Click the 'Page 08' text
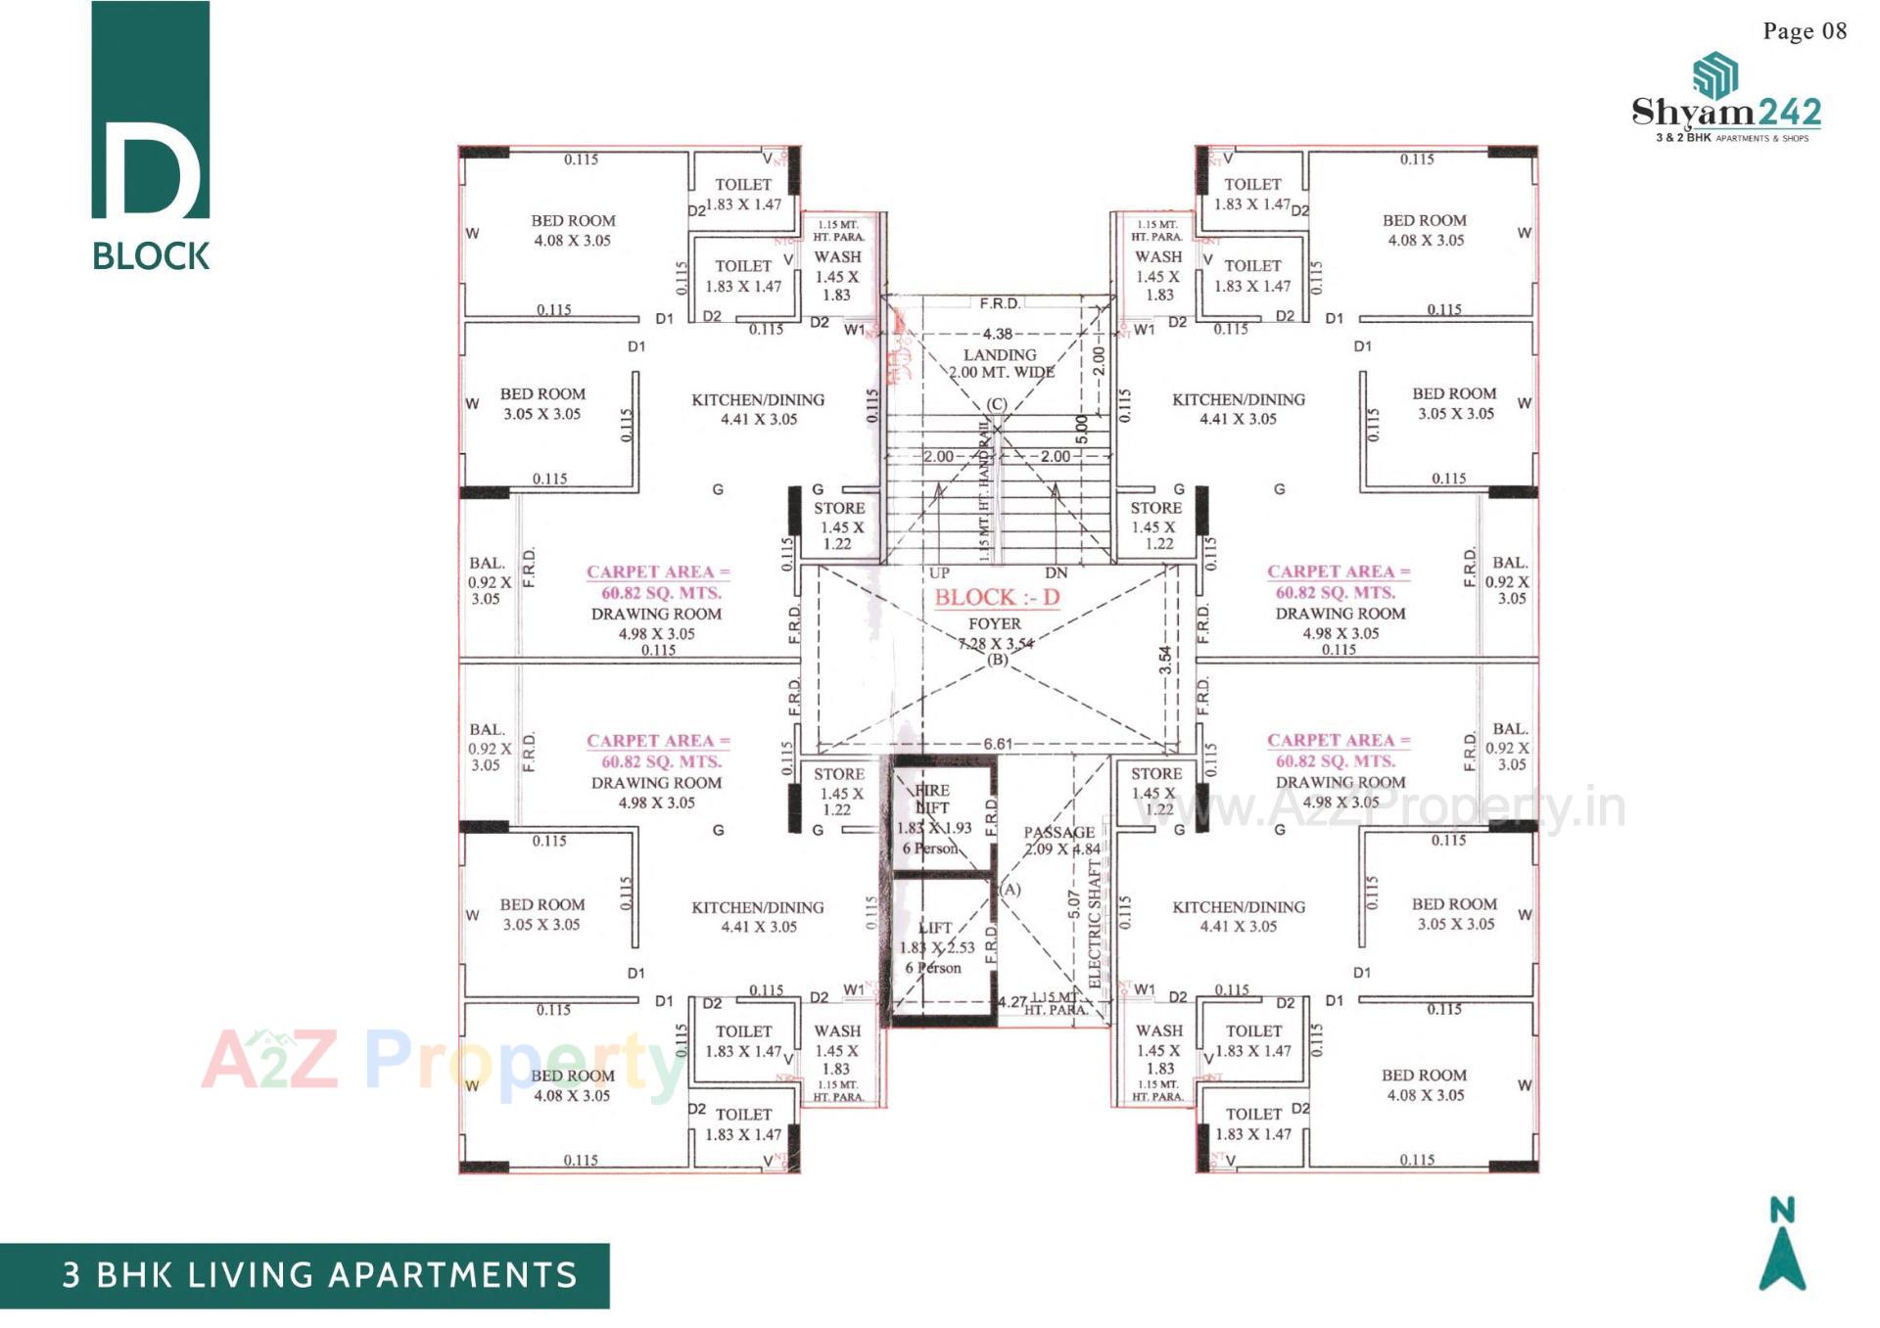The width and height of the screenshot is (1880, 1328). [x=1804, y=31]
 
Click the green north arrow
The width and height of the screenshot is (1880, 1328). [x=1782, y=1258]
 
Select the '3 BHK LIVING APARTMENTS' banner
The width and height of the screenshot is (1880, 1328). [x=320, y=1275]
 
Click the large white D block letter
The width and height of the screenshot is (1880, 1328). [x=151, y=168]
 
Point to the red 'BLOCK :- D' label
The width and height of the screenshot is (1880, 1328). [x=997, y=597]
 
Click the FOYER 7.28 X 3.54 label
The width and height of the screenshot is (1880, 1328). [x=995, y=633]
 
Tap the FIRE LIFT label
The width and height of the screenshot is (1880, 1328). [x=932, y=800]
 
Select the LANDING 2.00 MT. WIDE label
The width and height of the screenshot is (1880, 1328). [x=1000, y=363]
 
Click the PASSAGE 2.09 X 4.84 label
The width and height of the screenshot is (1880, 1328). [x=1060, y=841]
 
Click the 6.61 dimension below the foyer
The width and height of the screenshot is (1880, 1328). [x=998, y=744]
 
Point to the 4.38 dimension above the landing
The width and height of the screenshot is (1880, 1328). [x=998, y=334]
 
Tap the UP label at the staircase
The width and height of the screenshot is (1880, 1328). [x=939, y=573]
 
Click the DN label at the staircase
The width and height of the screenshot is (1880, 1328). [x=1056, y=573]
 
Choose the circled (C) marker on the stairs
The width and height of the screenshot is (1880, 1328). [x=996, y=404]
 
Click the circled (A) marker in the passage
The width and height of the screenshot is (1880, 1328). [x=1010, y=889]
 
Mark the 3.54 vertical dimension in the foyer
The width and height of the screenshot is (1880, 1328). [x=1165, y=661]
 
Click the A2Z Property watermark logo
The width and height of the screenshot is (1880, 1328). [x=441, y=1061]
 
